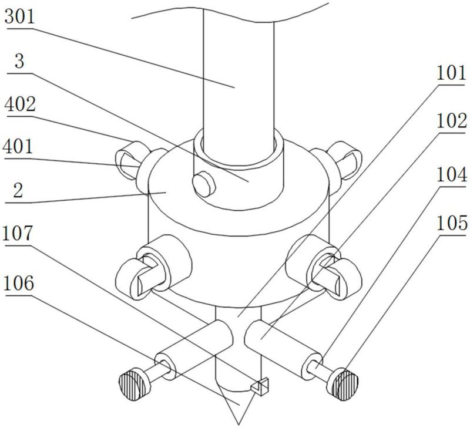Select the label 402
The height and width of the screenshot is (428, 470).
(20, 104)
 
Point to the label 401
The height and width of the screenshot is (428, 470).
(18, 146)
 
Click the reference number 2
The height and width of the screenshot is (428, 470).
(18, 190)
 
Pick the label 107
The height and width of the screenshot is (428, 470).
(17, 233)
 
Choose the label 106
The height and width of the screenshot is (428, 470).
(18, 283)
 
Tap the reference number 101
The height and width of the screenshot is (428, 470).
(451, 73)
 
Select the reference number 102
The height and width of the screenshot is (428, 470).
(452, 120)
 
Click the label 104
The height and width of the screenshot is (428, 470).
(452, 174)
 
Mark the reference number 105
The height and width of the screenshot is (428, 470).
(452, 223)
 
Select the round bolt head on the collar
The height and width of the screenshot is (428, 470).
(204, 184)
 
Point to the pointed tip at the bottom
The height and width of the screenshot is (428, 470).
(239, 424)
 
